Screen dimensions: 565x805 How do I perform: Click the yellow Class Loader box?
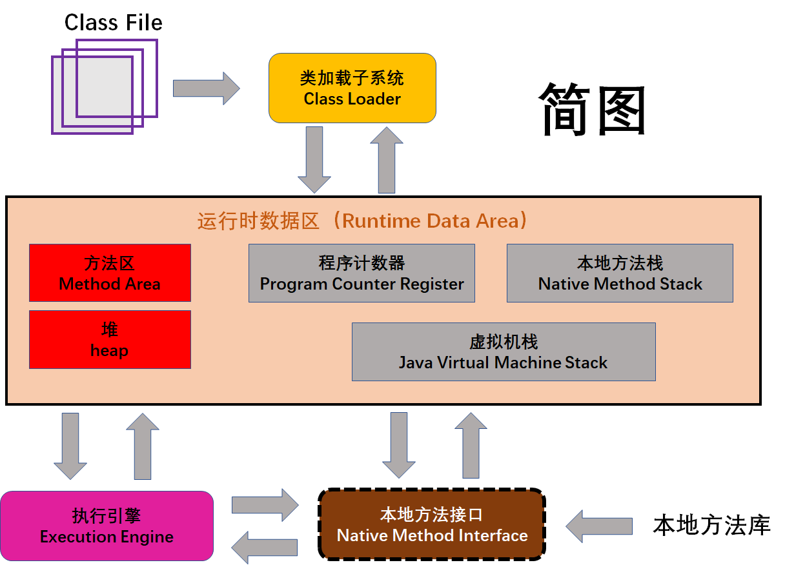click(x=352, y=88)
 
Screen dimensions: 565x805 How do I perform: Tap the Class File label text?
click(x=113, y=23)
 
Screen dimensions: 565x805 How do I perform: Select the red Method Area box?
click(x=110, y=273)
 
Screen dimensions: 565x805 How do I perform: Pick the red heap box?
click(x=110, y=339)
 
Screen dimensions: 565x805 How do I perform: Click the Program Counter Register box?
click(x=362, y=273)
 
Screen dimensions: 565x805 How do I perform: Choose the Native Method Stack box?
click(x=620, y=273)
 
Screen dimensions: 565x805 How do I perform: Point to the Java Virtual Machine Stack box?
click(x=504, y=352)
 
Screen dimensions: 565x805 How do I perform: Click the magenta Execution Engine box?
click(x=107, y=526)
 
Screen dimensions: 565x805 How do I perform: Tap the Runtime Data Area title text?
click(x=365, y=221)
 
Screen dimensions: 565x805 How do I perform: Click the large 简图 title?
click(x=593, y=110)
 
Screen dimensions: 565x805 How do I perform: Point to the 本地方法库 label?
click(x=711, y=525)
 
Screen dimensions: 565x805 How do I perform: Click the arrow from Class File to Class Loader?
click(x=205, y=88)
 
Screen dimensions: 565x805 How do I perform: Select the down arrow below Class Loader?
click(x=314, y=159)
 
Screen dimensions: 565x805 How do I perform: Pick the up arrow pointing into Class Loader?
click(x=387, y=159)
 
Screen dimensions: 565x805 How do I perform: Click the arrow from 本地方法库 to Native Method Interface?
click(x=598, y=526)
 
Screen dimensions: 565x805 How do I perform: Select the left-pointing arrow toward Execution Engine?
click(x=265, y=547)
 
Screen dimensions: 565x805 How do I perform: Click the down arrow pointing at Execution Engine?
click(x=70, y=446)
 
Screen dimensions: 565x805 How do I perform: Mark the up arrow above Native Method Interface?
click(x=471, y=446)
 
